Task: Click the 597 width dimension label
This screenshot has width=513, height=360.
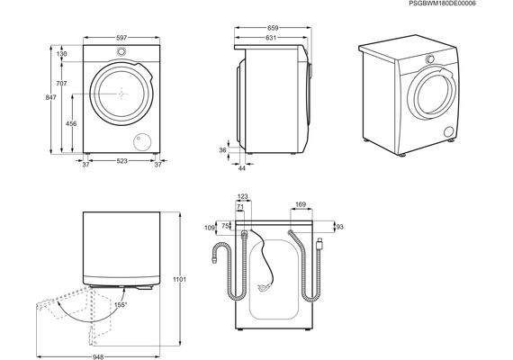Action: click(121, 38)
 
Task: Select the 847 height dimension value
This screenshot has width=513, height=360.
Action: click(50, 97)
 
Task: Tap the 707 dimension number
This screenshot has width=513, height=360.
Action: click(61, 84)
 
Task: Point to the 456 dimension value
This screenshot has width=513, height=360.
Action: click(71, 123)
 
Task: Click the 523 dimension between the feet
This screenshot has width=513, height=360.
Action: click(121, 161)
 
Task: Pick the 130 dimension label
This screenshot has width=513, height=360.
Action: click(61, 54)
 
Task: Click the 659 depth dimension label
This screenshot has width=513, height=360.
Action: click(273, 28)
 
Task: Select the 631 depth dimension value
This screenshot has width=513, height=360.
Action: click(271, 38)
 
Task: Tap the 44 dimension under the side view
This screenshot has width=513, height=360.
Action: click(242, 168)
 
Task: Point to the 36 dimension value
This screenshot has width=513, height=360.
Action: click(223, 150)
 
